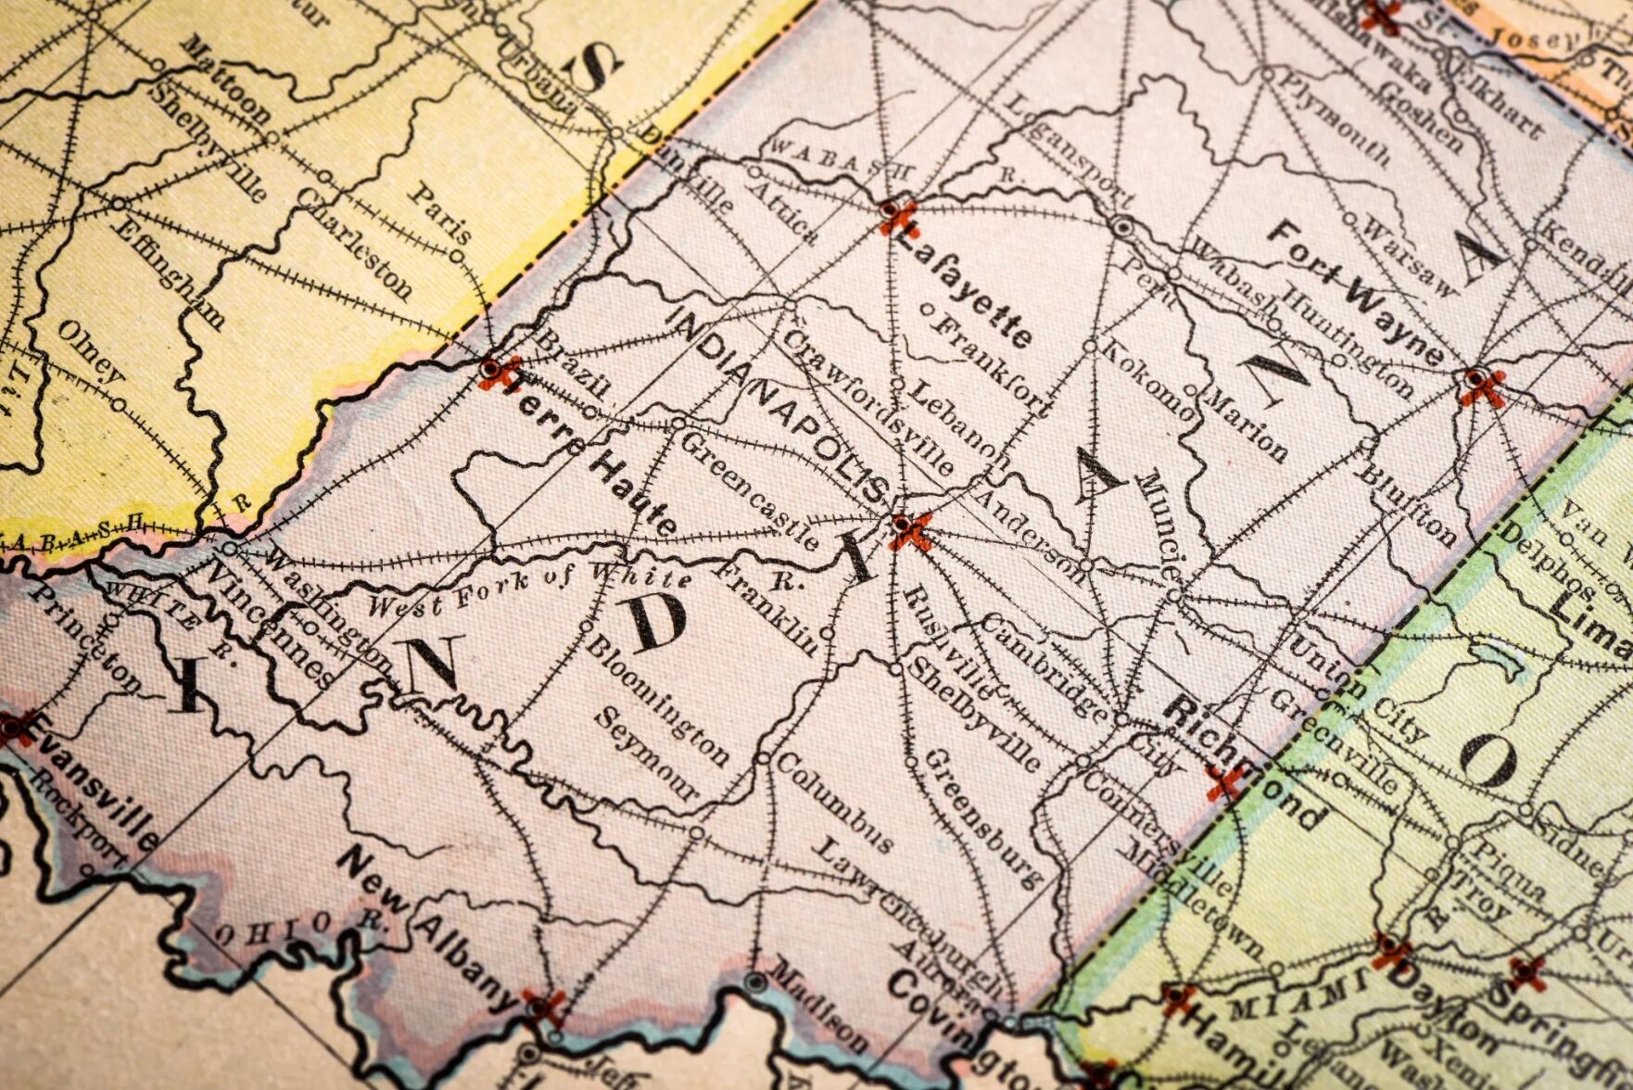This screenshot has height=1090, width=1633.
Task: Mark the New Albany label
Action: pos(425,928)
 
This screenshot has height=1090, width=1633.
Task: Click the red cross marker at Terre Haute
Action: pos(495,371)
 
